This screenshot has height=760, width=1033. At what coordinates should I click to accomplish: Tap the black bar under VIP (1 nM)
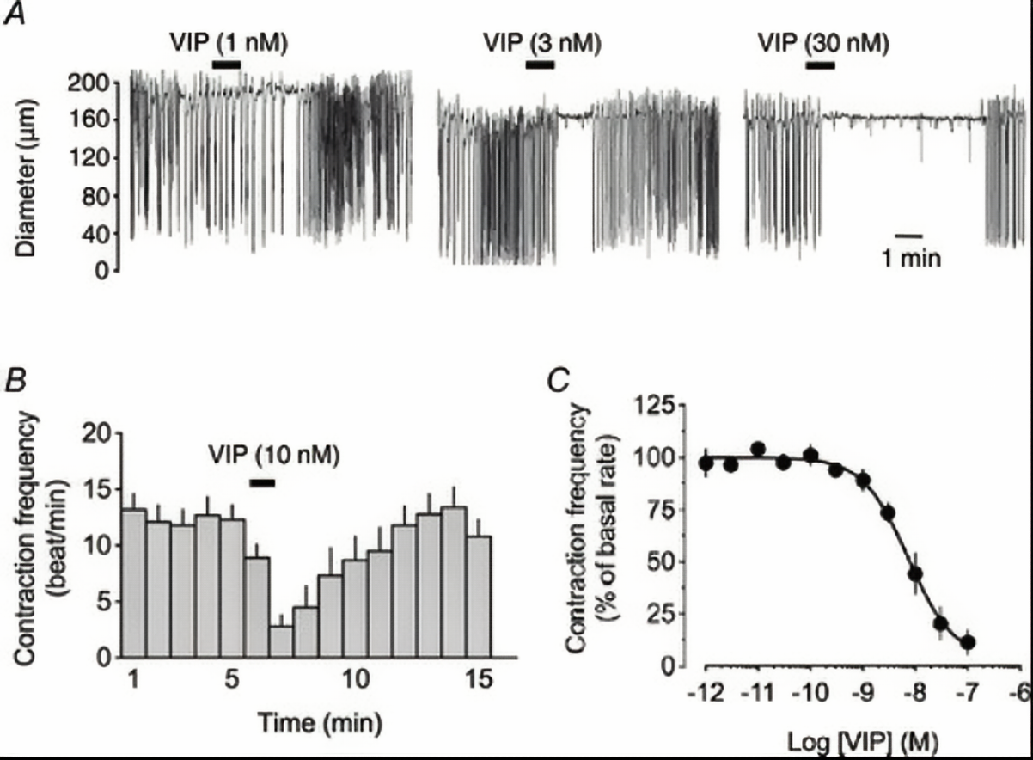click(227, 64)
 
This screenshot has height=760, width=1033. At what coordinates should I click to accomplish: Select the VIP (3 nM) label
click(541, 42)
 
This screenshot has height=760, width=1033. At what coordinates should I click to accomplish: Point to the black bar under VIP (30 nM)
click(819, 64)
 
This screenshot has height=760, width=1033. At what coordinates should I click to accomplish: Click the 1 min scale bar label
click(910, 257)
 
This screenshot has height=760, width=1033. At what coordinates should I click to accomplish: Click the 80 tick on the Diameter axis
click(93, 196)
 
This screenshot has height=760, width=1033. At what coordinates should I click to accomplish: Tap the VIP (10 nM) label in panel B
click(274, 453)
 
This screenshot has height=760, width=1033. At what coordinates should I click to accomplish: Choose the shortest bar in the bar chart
click(281, 641)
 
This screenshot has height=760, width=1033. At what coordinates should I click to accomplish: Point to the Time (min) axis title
click(311, 717)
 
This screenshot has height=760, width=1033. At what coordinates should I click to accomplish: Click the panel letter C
click(559, 378)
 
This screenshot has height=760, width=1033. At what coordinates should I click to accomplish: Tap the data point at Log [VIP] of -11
click(758, 449)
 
